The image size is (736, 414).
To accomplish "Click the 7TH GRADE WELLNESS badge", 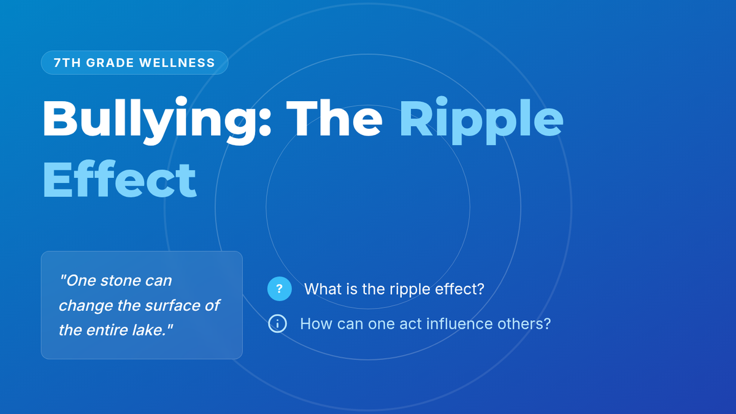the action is coord(134,63).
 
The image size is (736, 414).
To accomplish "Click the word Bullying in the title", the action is coord(149,121).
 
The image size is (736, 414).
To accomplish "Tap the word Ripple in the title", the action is coord(481,121).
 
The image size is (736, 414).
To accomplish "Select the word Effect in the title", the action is coord(120,179).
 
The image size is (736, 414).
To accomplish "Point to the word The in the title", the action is coord(334,118).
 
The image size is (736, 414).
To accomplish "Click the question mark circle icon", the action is coord(279,289).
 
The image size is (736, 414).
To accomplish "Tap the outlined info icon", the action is coord(277,324).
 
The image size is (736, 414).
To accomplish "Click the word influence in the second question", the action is coord(459,324).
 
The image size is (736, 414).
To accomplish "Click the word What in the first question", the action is coord(322,289).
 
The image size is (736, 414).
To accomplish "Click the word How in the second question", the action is coord(316,324).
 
